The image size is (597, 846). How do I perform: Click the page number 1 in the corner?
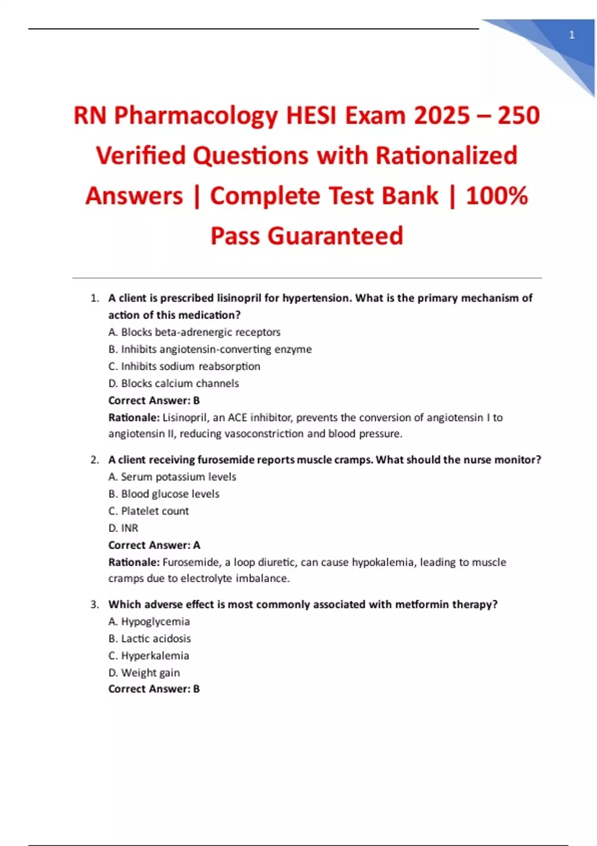click(x=572, y=35)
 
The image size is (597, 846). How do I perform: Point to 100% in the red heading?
click(x=497, y=196)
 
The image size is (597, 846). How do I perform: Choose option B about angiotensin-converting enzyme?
click(x=210, y=349)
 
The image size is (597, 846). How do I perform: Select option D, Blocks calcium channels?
click(x=174, y=383)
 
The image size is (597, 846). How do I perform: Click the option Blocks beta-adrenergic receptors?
click(x=195, y=332)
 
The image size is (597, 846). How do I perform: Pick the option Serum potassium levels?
click(x=172, y=477)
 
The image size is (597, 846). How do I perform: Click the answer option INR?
click(x=123, y=528)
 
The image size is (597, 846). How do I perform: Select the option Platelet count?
click(x=149, y=511)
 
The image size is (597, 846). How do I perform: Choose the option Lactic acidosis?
click(x=150, y=638)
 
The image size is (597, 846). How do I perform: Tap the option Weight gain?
click(x=144, y=673)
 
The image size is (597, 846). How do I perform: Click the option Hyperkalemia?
click(x=149, y=656)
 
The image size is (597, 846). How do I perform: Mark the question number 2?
click(x=95, y=460)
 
